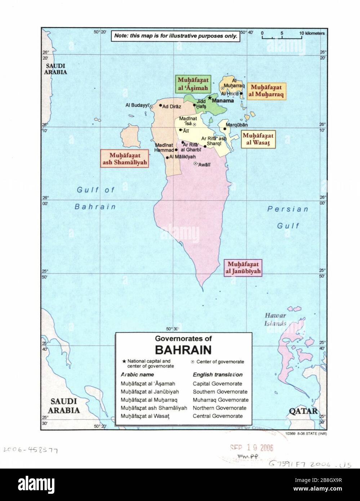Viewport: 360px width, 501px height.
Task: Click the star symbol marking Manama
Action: (x=209, y=97)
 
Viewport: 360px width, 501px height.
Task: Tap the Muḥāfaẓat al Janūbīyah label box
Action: (x=243, y=268)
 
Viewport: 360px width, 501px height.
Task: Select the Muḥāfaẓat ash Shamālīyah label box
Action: (x=123, y=159)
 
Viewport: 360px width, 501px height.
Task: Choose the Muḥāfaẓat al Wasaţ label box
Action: (x=258, y=139)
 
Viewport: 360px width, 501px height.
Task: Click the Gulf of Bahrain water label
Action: (x=96, y=198)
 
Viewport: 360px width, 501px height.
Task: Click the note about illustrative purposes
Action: (x=175, y=36)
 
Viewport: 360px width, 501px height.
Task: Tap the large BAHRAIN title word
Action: (x=183, y=350)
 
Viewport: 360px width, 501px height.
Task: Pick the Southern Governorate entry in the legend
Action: (x=220, y=392)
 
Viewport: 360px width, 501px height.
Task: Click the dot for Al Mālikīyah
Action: (x=168, y=157)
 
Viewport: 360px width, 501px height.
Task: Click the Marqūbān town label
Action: (x=238, y=125)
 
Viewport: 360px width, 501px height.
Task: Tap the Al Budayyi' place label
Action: (x=137, y=105)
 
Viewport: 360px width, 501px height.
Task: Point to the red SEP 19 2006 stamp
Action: (x=252, y=447)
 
